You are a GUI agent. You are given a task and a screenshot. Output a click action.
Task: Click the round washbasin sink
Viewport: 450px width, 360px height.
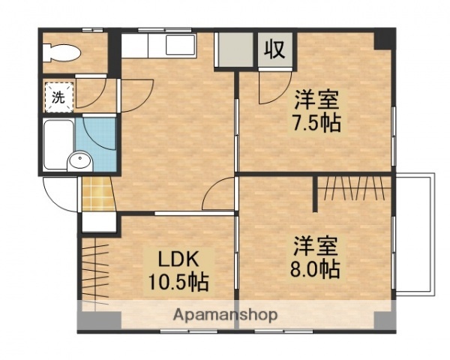click(79, 160)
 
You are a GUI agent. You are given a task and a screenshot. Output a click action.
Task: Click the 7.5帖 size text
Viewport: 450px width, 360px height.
click(316, 123)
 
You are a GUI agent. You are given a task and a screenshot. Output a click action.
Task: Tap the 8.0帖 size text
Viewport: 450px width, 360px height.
click(316, 268)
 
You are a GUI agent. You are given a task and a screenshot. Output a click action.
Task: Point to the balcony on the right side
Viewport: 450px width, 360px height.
click(414, 232)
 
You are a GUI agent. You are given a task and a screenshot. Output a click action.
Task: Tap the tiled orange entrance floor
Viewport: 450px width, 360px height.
click(95, 193)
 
